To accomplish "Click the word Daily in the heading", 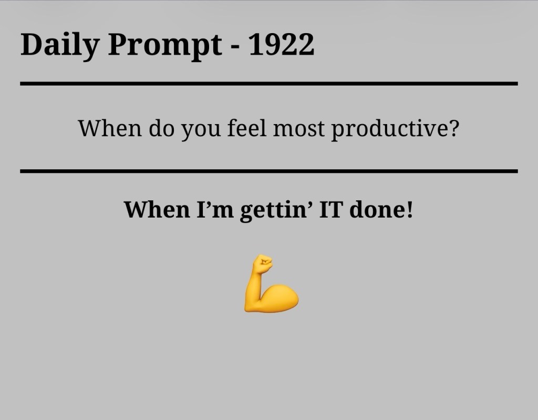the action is [x=60, y=45].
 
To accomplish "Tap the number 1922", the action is [x=281, y=44].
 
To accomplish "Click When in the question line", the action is [x=110, y=128].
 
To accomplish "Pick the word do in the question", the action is [x=162, y=128].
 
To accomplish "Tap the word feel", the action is [x=247, y=128].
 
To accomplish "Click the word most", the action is [x=298, y=129].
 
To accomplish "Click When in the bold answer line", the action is [x=157, y=210].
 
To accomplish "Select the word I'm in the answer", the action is [x=215, y=210].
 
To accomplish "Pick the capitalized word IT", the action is [x=331, y=210].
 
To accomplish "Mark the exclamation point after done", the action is [x=409, y=210].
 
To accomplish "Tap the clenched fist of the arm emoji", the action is [x=263, y=264].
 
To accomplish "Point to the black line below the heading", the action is [x=269, y=84].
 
